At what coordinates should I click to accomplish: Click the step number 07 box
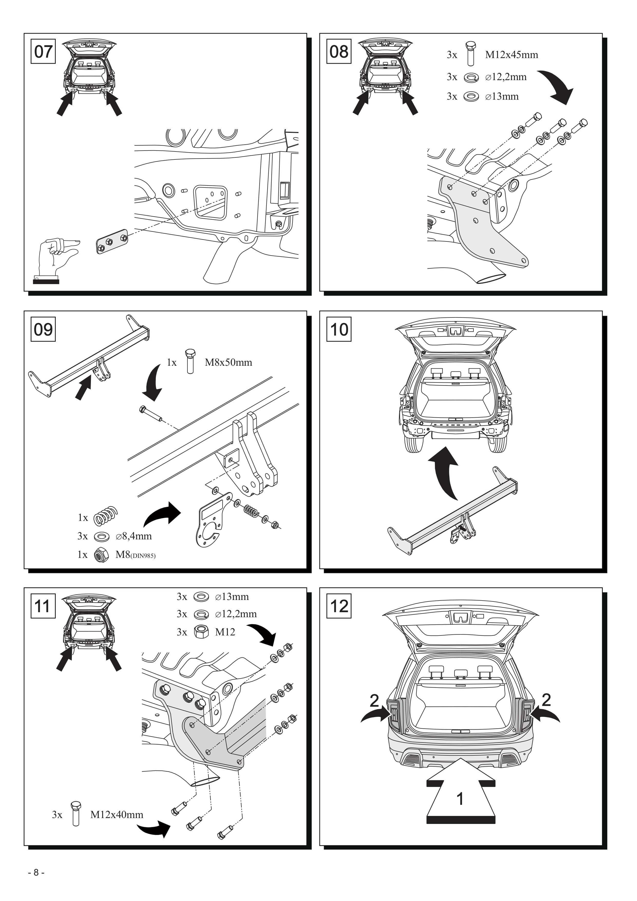[43, 51]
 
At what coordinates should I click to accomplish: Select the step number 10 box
[339, 329]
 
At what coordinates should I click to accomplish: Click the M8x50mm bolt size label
[228, 362]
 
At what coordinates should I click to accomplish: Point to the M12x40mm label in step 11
[117, 815]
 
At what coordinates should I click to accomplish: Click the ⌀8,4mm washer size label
[134, 536]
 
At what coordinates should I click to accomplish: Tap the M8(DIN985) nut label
[135, 555]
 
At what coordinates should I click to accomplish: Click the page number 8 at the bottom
[36, 872]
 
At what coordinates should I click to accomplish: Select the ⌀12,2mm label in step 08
[506, 77]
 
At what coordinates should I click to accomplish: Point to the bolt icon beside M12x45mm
[471, 53]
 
